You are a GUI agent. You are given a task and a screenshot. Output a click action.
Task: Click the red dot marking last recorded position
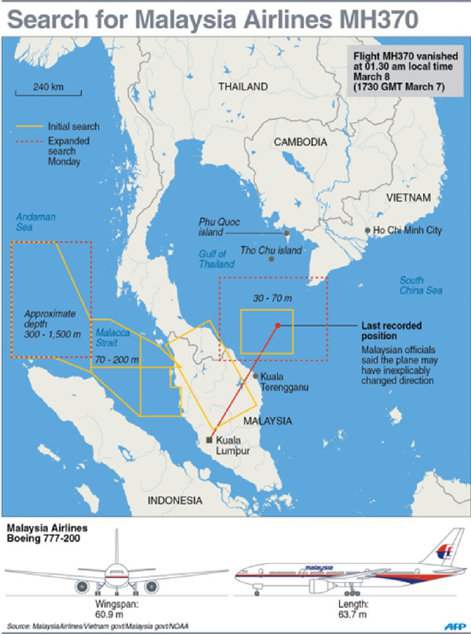tap(278, 325)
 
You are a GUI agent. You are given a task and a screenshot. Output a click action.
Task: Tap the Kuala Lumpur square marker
tap(209, 440)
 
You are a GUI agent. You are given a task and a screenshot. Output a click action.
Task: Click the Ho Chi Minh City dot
tap(367, 230)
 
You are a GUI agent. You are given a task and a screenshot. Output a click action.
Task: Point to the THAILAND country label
tap(243, 86)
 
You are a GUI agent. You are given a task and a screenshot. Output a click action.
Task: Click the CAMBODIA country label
tap(300, 142)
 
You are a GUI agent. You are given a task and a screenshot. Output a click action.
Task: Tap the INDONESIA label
tap(175, 500)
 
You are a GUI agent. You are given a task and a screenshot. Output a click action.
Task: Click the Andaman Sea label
tap(35, 222)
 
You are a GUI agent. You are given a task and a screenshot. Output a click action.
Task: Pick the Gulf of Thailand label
tap(216, 259)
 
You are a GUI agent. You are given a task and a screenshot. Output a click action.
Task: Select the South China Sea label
tap(420, 285)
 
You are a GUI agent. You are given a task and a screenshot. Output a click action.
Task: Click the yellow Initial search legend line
tap(29, 126)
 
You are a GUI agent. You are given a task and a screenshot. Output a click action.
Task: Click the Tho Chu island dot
tap(271, 259)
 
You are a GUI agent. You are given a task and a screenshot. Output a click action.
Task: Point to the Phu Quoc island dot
tap(287, 233)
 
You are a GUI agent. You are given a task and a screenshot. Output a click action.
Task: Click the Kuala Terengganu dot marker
tap(256, 376)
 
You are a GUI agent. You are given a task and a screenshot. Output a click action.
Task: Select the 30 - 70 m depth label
tap(272, 298)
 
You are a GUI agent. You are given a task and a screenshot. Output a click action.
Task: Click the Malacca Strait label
tap(112, 338)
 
